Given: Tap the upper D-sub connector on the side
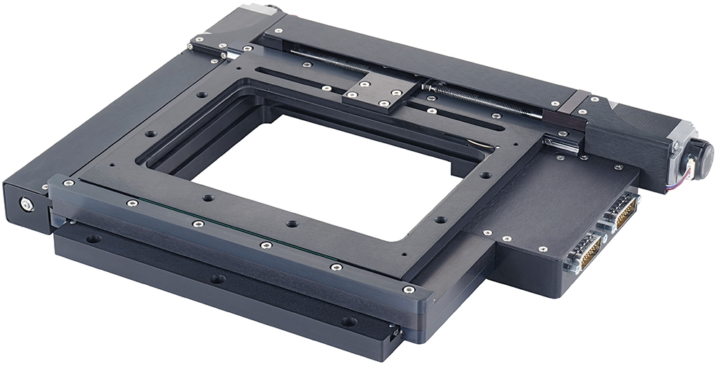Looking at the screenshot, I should pos(623,209).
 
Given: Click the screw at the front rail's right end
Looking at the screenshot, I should pos(408,290).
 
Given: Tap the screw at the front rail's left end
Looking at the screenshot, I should pos(68,183).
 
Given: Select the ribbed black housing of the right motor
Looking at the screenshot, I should pos(626,137).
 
